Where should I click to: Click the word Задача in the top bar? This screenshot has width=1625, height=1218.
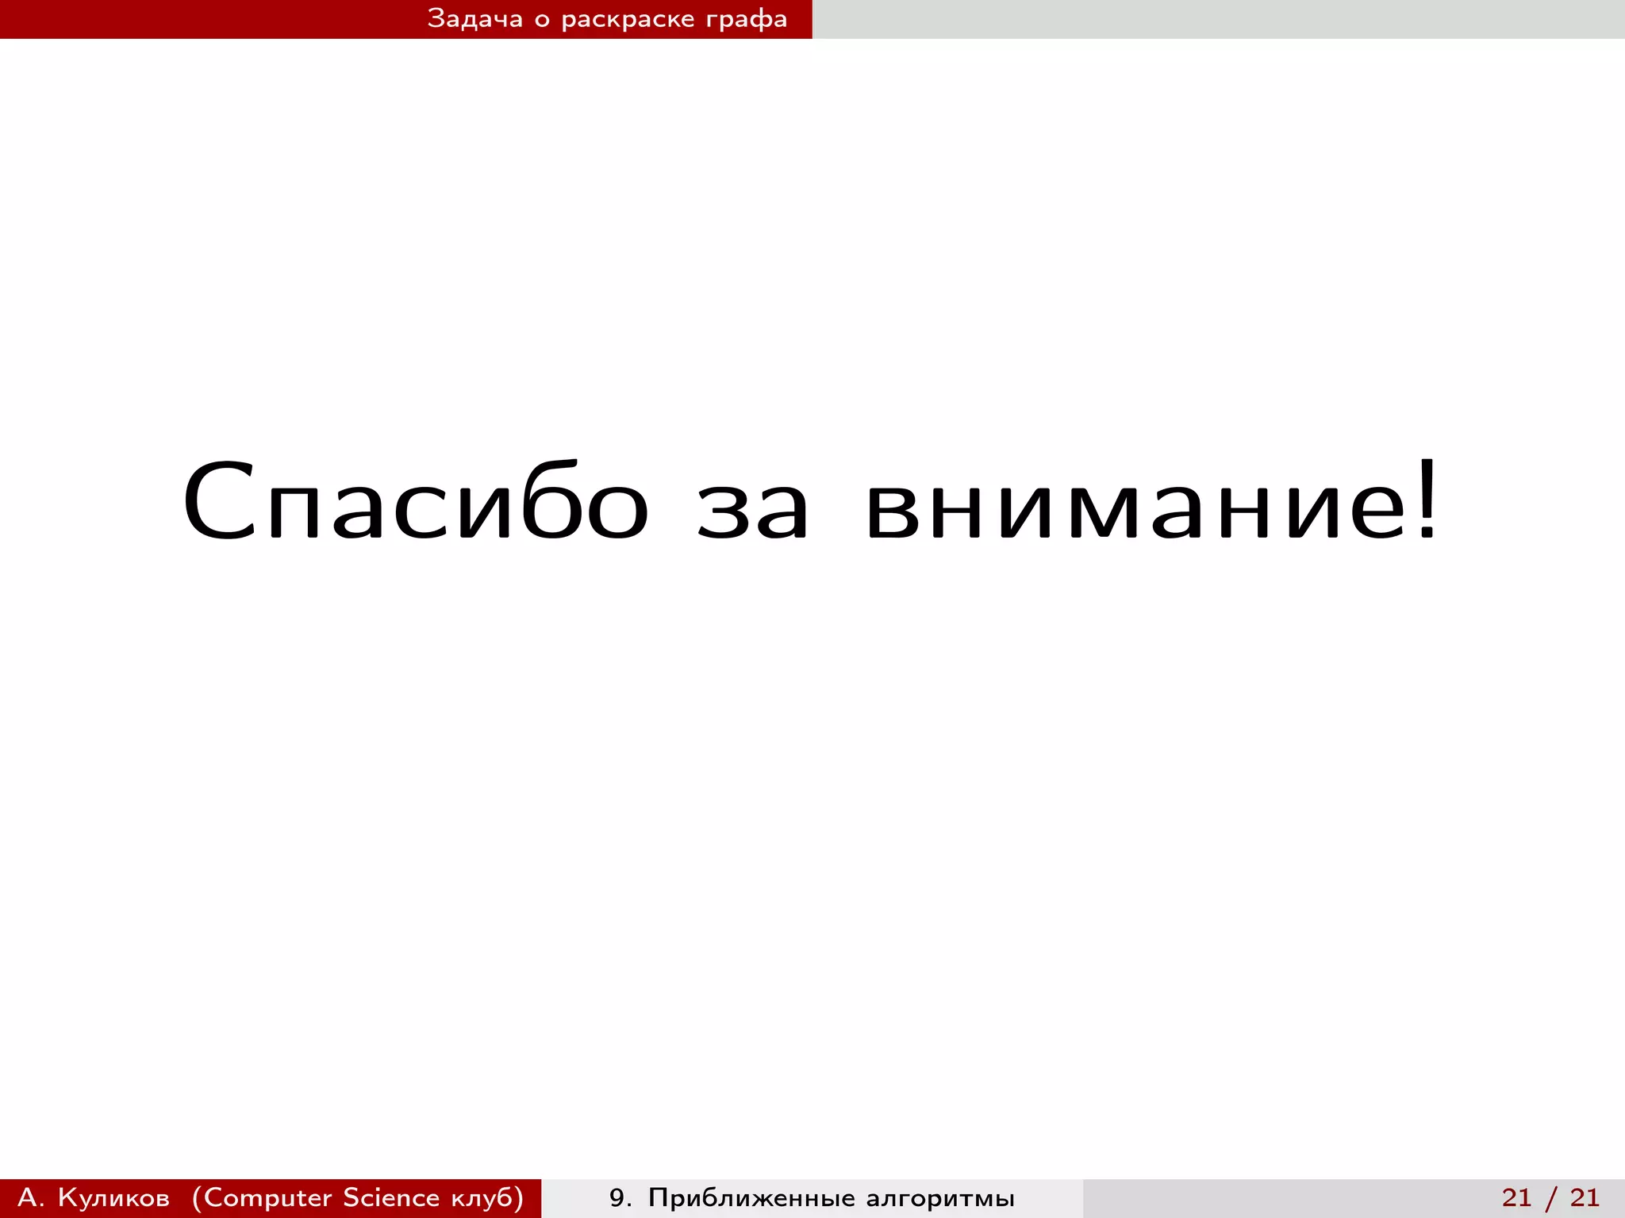tap(474, 19)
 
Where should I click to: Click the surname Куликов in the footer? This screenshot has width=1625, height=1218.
tap(113, 1197)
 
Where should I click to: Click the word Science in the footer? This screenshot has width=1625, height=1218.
tap(391, 1197)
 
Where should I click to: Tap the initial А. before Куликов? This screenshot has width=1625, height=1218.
tap(31, 1197)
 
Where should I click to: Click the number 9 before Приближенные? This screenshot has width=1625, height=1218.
tap(617, 1197)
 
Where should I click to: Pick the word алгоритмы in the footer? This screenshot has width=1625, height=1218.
tap(940, 1197)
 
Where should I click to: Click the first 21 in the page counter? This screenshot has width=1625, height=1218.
tap(1516, 1197)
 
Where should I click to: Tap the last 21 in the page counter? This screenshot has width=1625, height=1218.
tap(1585, 1197)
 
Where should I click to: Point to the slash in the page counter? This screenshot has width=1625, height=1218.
tap(1551, 1197)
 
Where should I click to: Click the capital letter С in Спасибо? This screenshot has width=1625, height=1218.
tap(217, 501)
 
